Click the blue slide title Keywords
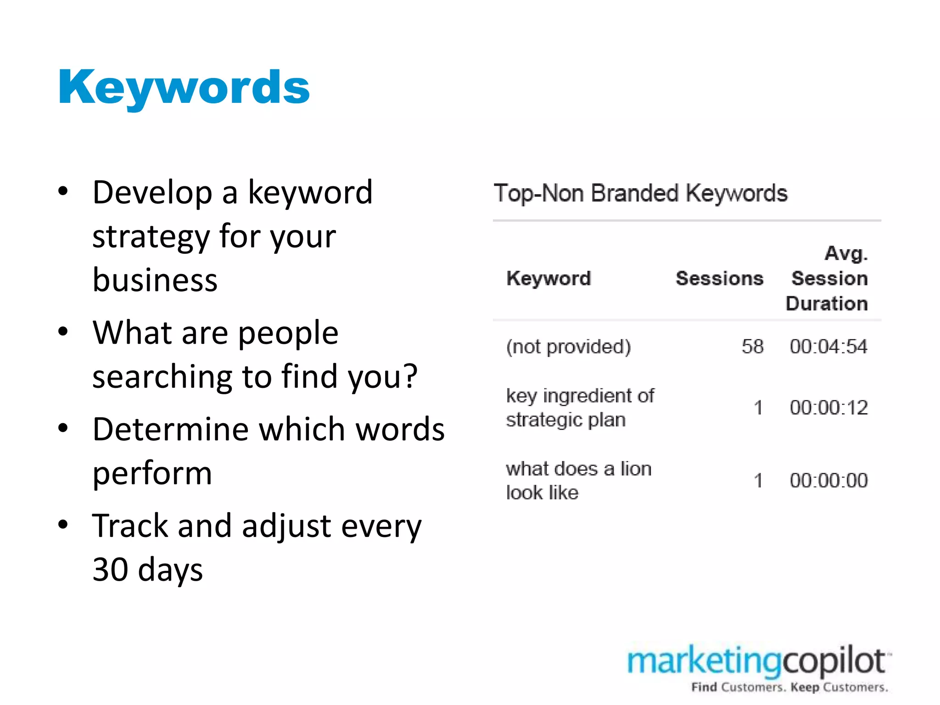[x=184, y=87]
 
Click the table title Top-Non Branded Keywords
[x=640, y=193]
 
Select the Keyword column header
[x=548, y=279]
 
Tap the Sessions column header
[x=719, y=279]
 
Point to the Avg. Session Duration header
[x=828, y=279]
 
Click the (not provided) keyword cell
[x=568, y=347]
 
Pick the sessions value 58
[x=752, y=347]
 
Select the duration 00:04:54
[x=828, y=347]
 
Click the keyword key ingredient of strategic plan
[x=580, y=408]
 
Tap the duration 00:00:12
[x=828, y=408]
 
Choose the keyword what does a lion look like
[x=578, y=481]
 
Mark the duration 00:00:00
[x=828, y=481]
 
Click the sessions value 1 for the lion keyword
[x=758, y=481]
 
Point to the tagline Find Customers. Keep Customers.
[x=789, y=688]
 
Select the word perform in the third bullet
[x=152, y=473]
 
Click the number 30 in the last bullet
[x=110, y=570]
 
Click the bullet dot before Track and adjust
[x=63, y=524]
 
